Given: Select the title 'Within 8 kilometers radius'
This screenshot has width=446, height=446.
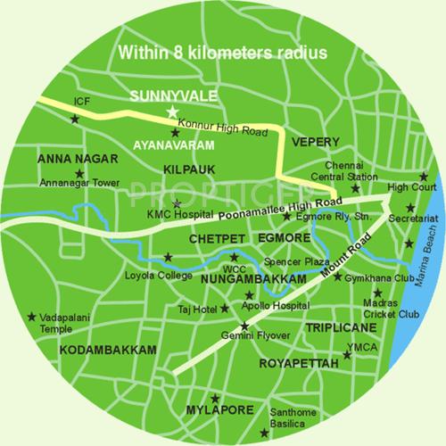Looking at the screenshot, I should pos(223,52).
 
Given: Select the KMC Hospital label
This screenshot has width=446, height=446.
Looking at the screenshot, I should pos(183,215).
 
